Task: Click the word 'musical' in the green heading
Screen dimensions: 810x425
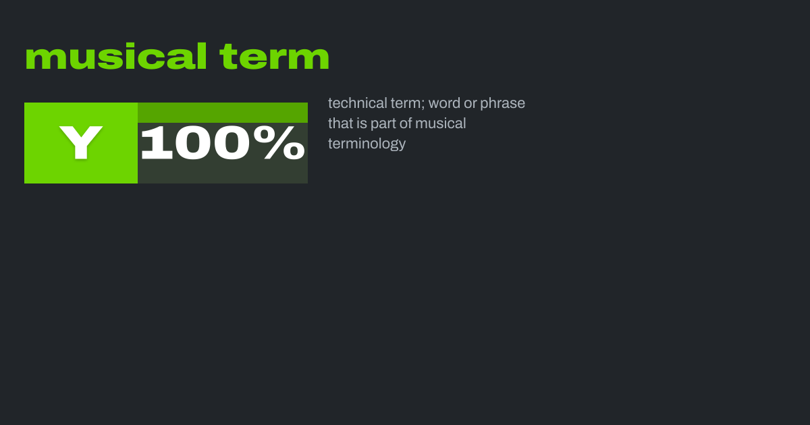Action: click(x=116, y=56)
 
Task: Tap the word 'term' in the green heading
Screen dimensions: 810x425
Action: click(x=275, y=57)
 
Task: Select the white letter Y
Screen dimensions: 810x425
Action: click(x=81, y=142)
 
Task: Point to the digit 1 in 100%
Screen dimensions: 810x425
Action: click(x=156, y=142)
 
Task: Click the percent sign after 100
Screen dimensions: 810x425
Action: click(x=279, y=142)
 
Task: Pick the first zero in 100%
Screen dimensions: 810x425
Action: click(x=194, y=142)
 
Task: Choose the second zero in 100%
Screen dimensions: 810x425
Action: click(x=232, y=142)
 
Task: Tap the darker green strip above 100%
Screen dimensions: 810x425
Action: click(x=223, y=113)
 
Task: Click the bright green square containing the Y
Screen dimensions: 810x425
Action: click(x=81, y=143)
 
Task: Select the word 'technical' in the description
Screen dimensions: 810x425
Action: click(x=358, y=103)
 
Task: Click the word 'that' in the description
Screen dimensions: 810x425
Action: click(x=340, y=123)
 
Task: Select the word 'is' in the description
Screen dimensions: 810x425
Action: click(x=362, y=123)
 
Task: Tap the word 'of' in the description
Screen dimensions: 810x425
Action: click(x=406, y=123)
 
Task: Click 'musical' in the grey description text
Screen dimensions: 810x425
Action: click(x=440, y=123)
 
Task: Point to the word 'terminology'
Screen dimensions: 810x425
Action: click(x=367, y=144)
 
